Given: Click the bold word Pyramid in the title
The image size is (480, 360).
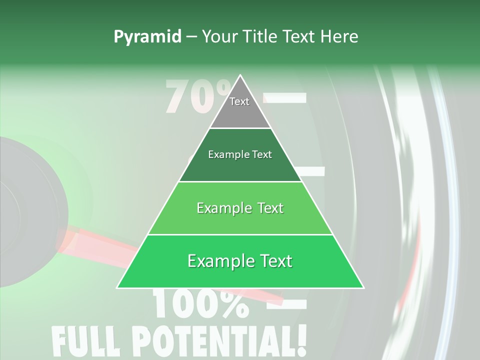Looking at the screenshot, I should (x=147, y=36).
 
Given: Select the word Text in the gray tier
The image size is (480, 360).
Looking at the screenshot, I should (x=239, y=101).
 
